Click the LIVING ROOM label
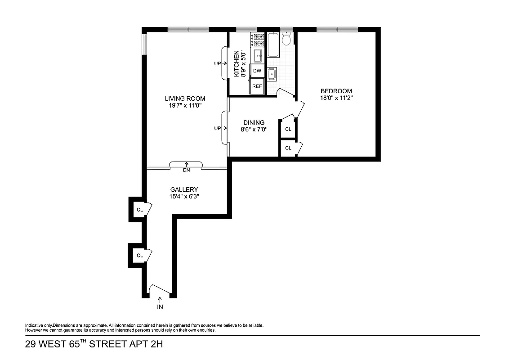click(185, 99)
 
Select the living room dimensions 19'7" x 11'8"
click(185, 106)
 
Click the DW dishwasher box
click(257, 71)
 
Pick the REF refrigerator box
click(257, 86)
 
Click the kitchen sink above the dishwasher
click(258, 56)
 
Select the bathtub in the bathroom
click(273, 45)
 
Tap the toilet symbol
click(286, 40)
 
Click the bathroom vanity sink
click(272, 74)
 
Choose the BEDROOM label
click(336, 91)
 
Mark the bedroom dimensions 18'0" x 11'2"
click(336, 98)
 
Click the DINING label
click(254, 122)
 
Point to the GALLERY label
click(184, 189)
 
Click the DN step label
click(186, 171)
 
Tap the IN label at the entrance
click(160, 307)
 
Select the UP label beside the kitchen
click(218, 63)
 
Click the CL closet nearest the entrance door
click(140, 255)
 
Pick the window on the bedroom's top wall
click(337, 30)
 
